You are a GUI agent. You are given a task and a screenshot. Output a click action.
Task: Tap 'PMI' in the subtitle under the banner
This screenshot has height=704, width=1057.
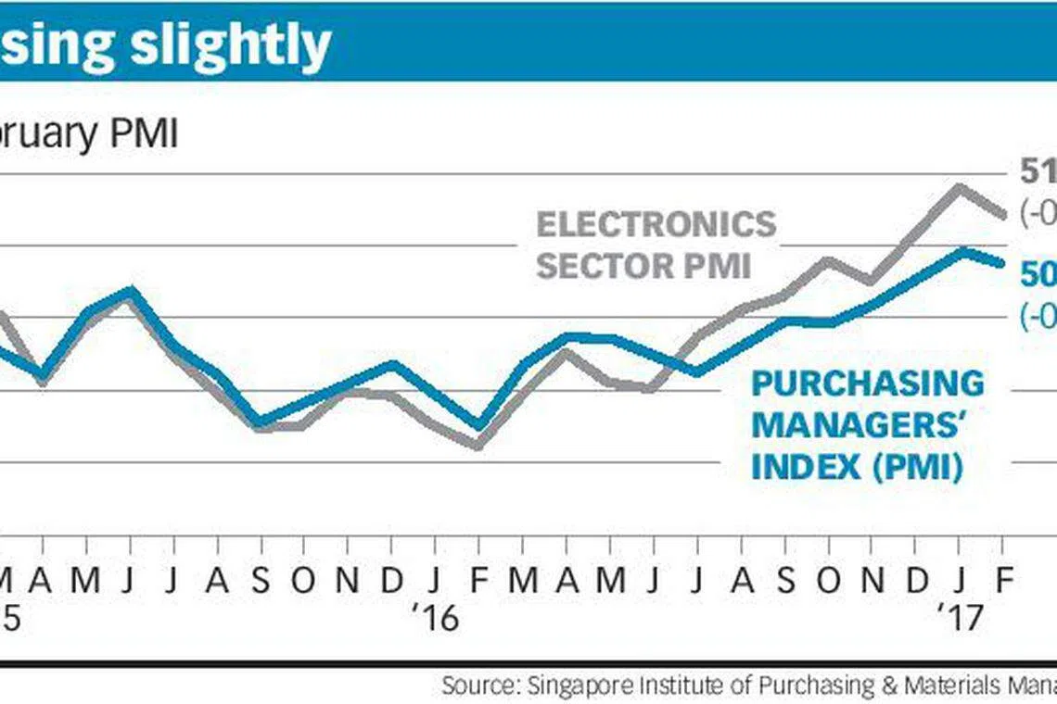(x=144, y=134)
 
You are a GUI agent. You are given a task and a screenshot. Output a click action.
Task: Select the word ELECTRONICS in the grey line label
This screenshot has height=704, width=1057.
(x=656, y=225)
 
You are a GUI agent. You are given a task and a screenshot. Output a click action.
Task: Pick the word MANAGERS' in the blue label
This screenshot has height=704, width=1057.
(x=854, y=425)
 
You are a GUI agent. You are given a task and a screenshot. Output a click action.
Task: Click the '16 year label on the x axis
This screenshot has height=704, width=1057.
(x=435, y=617)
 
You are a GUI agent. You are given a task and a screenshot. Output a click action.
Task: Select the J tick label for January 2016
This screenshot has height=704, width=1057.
(x=435, y=580)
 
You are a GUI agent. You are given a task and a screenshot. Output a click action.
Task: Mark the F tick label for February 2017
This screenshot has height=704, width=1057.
(x=1000, y=580)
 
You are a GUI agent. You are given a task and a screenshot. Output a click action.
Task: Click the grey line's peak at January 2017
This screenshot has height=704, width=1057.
(x=959, y=187)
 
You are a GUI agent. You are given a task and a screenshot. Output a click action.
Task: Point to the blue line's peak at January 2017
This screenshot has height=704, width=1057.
(x=962, y=251)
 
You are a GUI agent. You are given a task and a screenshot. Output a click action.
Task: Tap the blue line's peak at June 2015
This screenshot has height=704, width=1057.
(x=132, y=291)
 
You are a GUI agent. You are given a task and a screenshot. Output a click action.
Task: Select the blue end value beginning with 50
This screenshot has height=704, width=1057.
(x=1037, y=274)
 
